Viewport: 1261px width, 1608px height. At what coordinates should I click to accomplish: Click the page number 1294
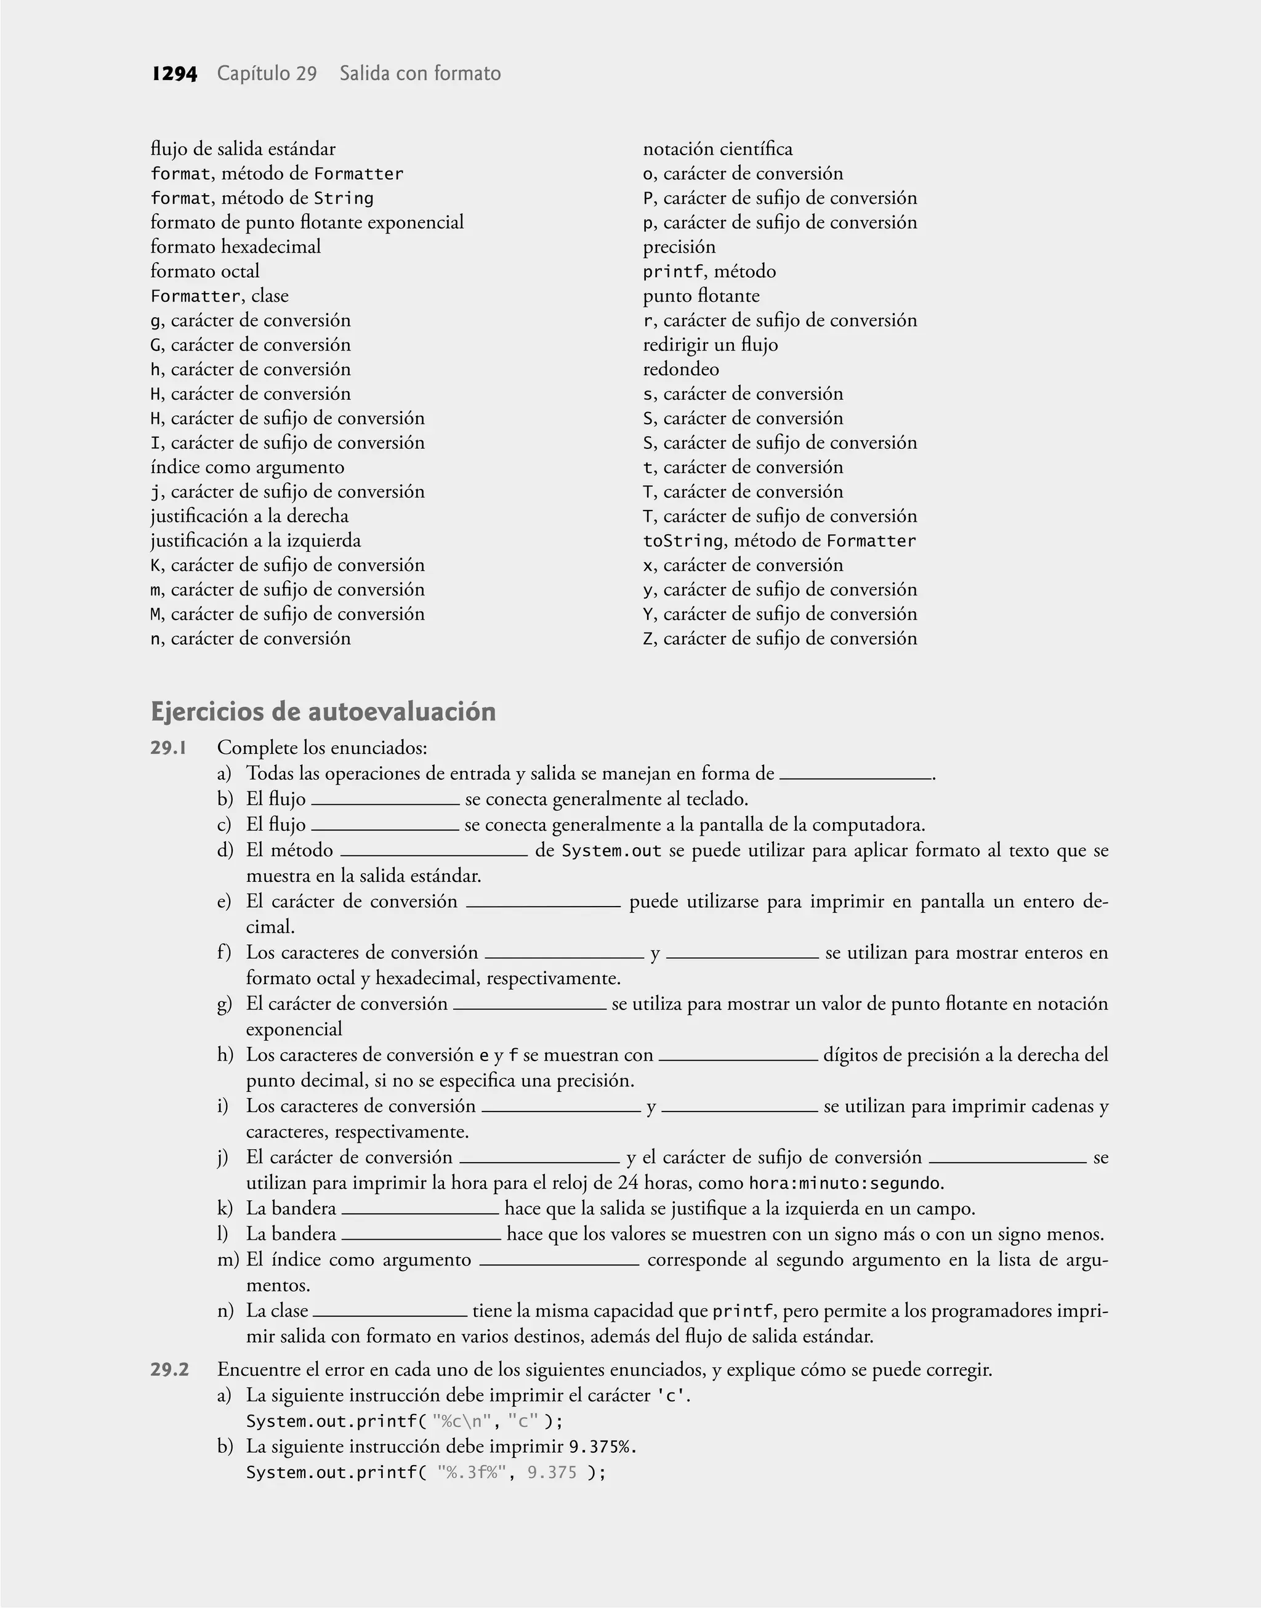coord(174,74)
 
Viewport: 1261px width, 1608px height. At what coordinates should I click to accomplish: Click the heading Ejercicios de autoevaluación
coord(323,712)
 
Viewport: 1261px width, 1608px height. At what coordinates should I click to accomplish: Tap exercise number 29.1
coord(168,748)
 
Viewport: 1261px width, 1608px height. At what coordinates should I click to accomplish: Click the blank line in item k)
coord(420,1211)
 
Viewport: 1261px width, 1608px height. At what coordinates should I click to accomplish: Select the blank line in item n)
coord(390,1314)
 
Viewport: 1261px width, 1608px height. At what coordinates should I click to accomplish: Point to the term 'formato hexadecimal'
coord(236,246)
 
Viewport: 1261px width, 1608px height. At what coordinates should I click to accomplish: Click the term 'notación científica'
coord(717,149)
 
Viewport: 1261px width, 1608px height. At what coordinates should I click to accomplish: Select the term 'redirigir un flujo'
coord(710,345)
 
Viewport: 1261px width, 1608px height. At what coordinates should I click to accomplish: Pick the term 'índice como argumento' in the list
coord(248,467)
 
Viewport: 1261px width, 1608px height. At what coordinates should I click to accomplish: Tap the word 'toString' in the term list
coord(682,541)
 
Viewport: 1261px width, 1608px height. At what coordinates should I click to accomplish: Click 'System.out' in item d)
coord(611,850)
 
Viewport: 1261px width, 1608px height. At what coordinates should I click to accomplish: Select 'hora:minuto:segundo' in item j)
coord(845,1184)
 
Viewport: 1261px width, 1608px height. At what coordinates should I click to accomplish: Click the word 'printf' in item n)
coord(742,1311)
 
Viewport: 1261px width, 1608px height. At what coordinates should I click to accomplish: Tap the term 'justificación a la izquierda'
coord(256,541)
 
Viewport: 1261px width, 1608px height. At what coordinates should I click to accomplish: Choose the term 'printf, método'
coord(709,272)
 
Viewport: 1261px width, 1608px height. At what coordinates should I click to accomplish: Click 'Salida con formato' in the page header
coord(420,74)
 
